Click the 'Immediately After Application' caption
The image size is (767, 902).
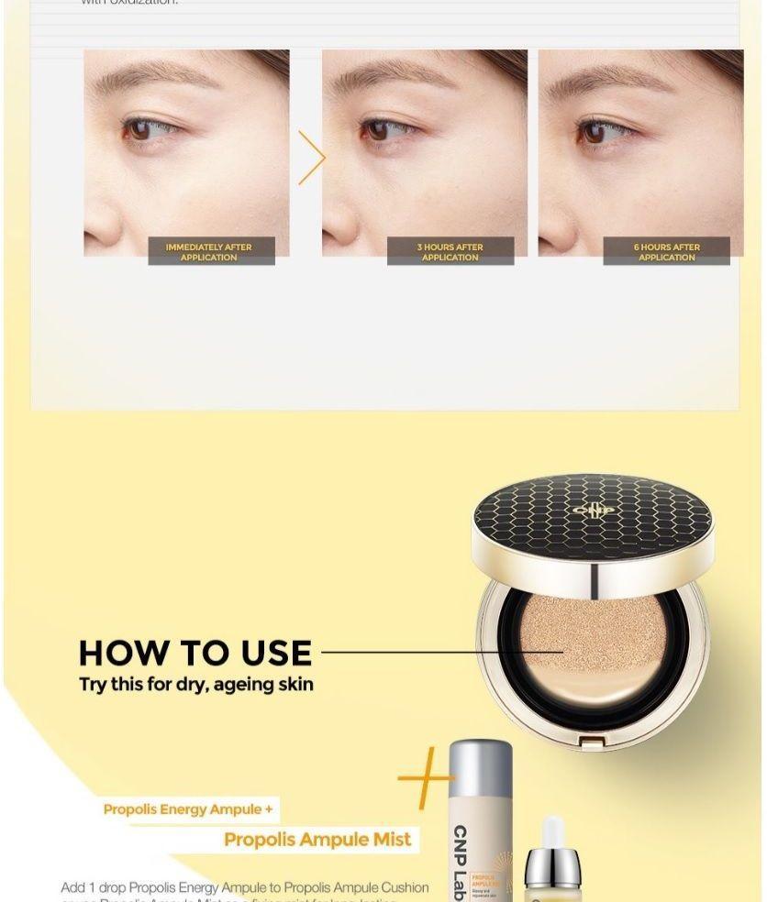(209, 252)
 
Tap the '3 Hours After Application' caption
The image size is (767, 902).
(450, 252)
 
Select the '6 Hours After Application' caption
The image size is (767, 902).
(666, 252)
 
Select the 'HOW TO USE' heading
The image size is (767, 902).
(195, 653)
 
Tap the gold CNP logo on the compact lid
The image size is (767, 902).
(592, 510)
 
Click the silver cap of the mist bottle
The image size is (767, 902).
(481, 764)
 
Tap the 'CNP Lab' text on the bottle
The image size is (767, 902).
(461, 862)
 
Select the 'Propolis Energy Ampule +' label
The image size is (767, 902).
(188, 809)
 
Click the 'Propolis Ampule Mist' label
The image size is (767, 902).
(317, 840)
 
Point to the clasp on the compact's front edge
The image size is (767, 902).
(593, 739)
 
